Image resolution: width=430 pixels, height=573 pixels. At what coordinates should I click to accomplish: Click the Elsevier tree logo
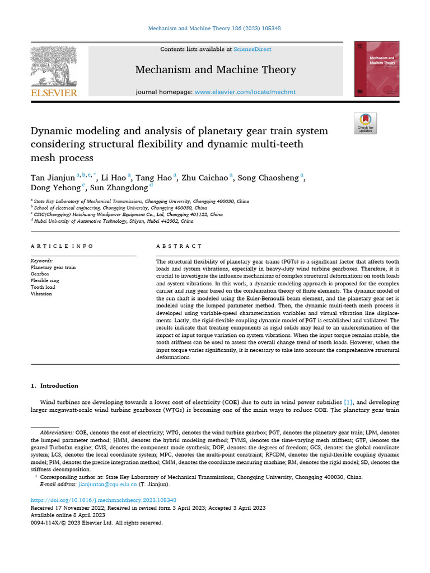[53, 65]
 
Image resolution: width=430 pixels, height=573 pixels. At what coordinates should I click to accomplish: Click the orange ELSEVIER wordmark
[53, 93]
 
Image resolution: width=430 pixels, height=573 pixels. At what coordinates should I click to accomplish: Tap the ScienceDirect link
[253, 49]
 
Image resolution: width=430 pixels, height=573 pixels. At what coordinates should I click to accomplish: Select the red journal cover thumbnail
[377, 69]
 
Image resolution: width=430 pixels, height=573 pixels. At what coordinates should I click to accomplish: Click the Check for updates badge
[366, 123]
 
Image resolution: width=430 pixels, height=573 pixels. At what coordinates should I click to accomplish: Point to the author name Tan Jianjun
[53, 178]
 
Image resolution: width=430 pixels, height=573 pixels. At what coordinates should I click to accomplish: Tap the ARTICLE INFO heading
[62, 246]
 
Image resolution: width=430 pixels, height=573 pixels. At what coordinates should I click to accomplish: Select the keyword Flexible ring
[45, 280]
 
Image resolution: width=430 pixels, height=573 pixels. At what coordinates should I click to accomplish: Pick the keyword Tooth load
[43, 287]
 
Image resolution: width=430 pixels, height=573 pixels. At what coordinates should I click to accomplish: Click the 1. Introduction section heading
[54, 386]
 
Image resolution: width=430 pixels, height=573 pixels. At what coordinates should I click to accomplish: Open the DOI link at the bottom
[103, 500]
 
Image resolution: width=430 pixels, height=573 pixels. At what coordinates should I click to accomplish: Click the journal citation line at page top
[215, 27]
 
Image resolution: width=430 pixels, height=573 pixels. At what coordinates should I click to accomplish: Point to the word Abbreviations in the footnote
[57, 433]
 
